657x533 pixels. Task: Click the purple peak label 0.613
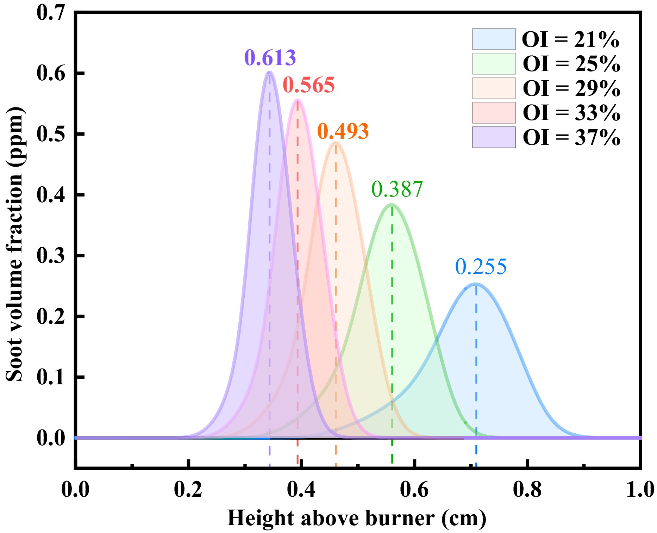270,58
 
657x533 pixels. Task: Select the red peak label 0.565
308,85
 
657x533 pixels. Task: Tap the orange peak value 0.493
343,131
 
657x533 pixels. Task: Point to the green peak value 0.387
397,189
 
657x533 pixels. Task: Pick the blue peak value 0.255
481,267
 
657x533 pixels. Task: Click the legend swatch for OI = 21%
494,39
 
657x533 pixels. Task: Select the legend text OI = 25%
571,64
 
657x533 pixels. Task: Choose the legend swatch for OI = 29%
494,88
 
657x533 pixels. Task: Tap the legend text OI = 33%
571,113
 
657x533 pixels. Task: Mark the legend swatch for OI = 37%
494,137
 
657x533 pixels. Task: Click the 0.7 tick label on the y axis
51,13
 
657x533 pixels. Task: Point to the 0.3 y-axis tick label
51,255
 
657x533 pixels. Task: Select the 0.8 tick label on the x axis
527,490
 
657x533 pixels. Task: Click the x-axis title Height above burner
357,518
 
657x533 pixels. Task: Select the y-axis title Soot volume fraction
15,244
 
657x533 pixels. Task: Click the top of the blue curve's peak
476,284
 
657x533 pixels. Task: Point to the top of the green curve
392,204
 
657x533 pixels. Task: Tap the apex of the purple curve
269,72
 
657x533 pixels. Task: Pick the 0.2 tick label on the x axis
188,490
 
